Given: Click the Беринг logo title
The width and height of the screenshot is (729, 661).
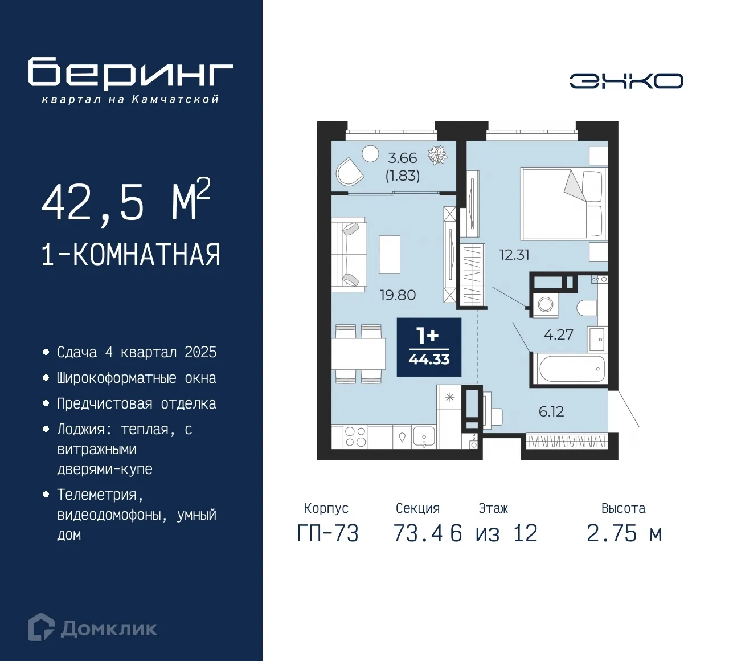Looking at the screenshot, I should [130, 74].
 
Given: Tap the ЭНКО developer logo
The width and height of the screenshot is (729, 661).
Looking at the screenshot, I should [626, 81].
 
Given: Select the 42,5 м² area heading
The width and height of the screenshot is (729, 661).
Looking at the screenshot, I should [126, 201].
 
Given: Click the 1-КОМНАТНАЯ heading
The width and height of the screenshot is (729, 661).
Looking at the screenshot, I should [130, 255].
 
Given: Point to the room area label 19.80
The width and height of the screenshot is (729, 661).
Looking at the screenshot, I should [398, 295].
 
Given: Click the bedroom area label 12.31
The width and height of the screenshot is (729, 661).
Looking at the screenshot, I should [514, 255].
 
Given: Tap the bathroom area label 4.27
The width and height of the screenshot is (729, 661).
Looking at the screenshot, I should [558, 334].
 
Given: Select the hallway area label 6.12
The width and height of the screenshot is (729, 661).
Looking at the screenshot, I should [551, 411].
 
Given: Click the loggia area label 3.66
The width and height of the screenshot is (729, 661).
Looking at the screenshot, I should [402, 158].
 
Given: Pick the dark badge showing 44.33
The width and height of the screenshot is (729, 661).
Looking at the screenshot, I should [429, 347].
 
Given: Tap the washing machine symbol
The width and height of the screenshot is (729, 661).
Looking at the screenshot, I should [545, 304].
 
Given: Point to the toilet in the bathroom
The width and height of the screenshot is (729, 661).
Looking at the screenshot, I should [587, 308].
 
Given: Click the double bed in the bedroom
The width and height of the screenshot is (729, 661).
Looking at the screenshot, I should [562, 203].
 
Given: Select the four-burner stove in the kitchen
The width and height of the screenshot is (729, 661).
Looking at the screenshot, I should [355, 437].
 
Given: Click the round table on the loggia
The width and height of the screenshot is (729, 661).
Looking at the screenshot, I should [371, 154].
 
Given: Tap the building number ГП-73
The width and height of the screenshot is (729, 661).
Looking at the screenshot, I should [327, 534].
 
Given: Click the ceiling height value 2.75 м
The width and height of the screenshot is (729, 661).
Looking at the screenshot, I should [624, 534].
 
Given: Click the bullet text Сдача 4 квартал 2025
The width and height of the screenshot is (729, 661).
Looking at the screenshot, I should [137, 352].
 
